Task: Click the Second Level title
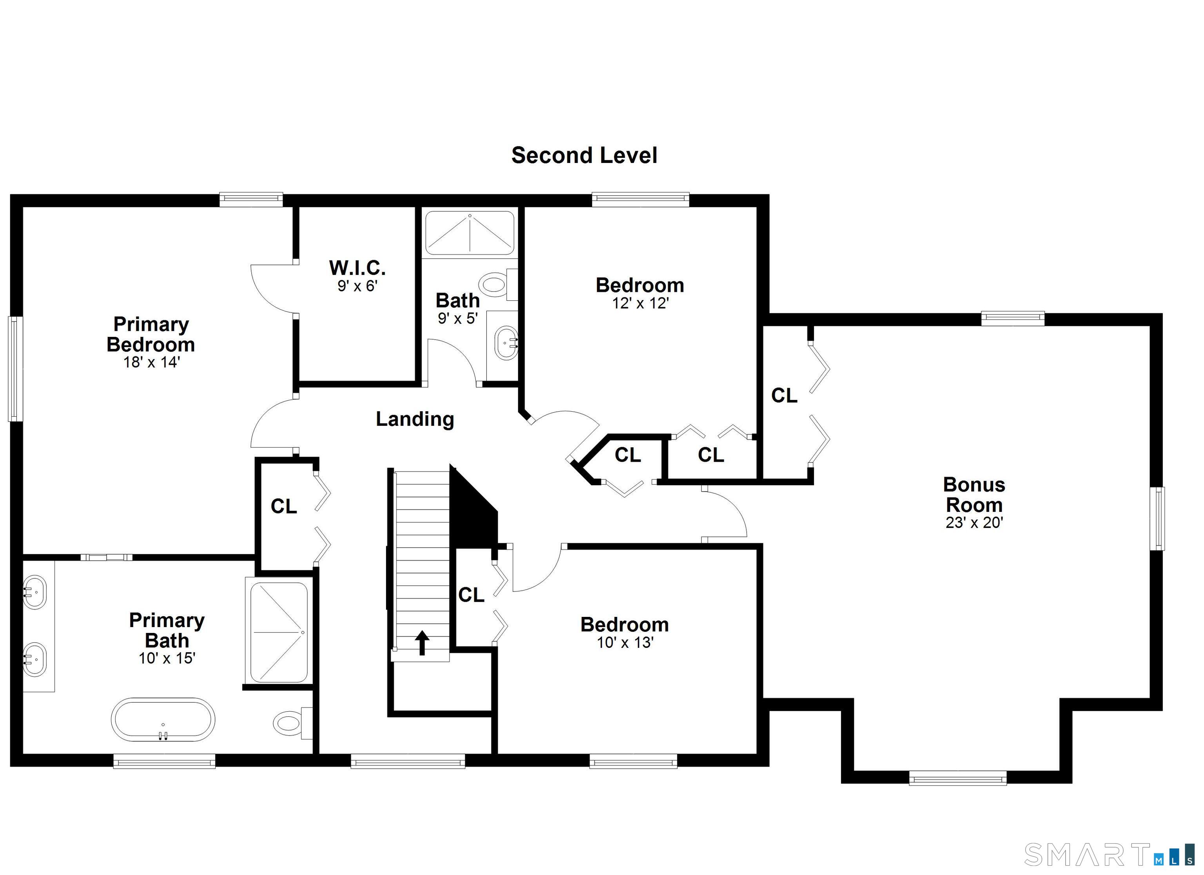(x=584, y=155)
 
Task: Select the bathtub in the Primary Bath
(x=163, y=720)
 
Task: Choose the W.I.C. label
(x=357, y=268)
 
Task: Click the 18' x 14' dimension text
(x=151, y=362)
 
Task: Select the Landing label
(x=415, y=419)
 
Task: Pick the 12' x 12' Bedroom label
(x=640, y=286)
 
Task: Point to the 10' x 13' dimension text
(x=624, y=643)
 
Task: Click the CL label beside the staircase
(x=471, y=595)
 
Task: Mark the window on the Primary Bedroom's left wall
(x=15, y=369)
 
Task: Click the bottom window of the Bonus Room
(x=958, y=779)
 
